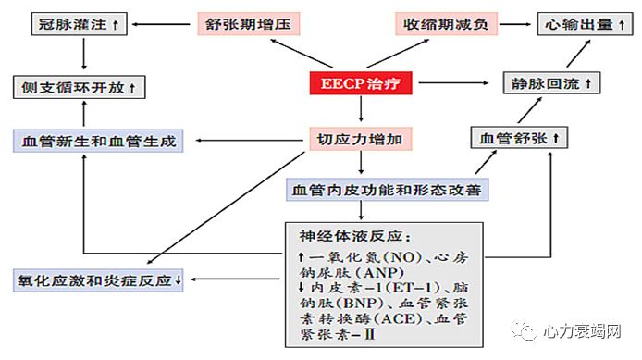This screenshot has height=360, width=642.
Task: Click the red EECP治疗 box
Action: (x=361, y=83)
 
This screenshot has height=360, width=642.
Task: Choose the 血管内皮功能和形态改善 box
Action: (x=387, y=190)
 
